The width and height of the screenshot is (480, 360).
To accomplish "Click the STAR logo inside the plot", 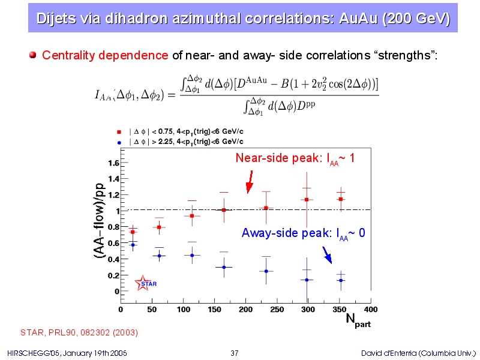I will click(x=145, y=283).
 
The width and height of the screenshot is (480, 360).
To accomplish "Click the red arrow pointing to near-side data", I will click(x=249, y=182).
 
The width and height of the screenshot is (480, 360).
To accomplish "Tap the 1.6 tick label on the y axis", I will click(x=113, y=163).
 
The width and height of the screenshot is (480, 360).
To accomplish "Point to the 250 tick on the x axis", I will click(x=277, y=309).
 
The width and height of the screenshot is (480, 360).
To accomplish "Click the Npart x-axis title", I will click(x=358, y=321).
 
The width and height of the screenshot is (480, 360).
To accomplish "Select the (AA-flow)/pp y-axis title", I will click(x=100, y=221).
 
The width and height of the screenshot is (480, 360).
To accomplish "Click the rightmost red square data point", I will click(x=341, y=199).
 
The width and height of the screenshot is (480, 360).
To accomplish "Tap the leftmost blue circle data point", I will click(x=133, y=245).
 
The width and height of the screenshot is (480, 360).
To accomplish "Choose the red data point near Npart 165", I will click(x=224, y=210).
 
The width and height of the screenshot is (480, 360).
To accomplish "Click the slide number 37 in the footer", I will click(x=235, y=352).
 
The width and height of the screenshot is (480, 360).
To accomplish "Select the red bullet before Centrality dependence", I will click(x=34, y=56).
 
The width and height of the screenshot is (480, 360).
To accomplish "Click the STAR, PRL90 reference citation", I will click(x=79, y=332).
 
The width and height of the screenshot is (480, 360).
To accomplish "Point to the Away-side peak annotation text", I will click(x=303, y=233).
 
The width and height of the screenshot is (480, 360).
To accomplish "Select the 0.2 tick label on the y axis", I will click(x=113, y=275).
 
